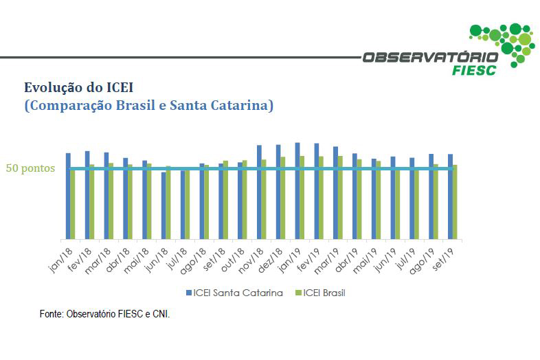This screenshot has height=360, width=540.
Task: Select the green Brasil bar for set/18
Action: pyautogui.click(x=225, y=200)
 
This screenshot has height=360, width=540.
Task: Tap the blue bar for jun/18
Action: pyautogui.click(x=164, y=205)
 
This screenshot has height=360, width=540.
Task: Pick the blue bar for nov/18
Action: pyautogui.click(x=259, y=192)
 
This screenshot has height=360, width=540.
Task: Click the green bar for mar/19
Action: pyautogui.click(x=339, y=198)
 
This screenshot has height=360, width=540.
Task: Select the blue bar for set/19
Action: pyautogui.click(x=450, y=196)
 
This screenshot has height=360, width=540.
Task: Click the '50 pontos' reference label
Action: pyautogui.click(x=30, y=168)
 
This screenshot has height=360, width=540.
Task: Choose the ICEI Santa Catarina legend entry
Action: pyautogui.click(x=235, y=293)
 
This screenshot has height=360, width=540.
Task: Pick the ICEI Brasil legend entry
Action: pyautogui.click(x=320, y=293)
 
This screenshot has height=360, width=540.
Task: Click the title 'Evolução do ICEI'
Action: pyautogui.click(x=78, y=87)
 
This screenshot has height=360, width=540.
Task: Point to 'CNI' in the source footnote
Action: pyautogui.click(x=159, y=314)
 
